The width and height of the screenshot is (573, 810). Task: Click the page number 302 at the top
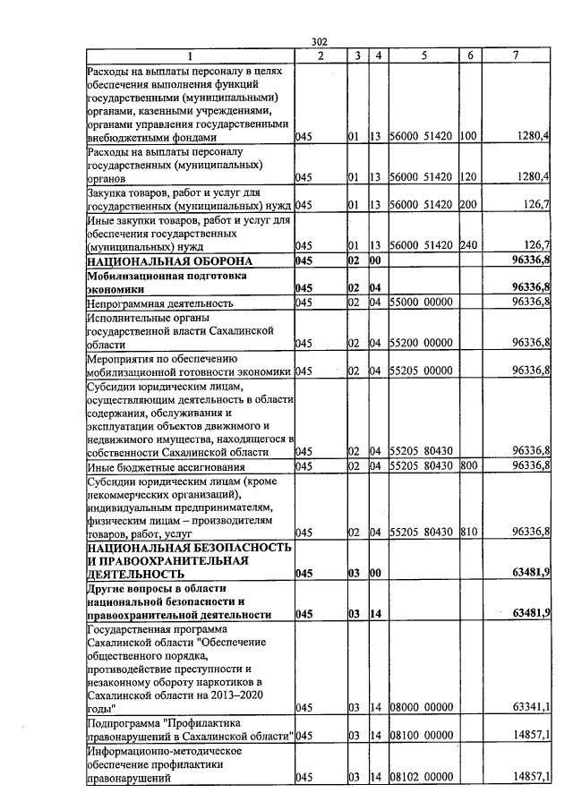pos(320,41)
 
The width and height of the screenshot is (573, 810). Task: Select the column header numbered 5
pos(423,55)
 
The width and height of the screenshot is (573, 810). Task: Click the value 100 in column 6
pos(467,138)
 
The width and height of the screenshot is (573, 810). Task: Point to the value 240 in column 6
pos(467,247)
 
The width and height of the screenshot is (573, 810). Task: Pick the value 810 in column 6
pos(467,533)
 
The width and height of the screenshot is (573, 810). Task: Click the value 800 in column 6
pos(467,466)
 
